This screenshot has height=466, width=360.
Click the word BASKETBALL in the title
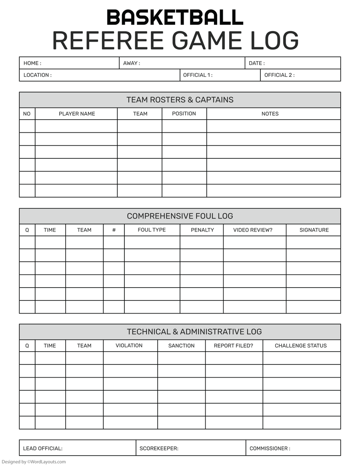click(175, 18)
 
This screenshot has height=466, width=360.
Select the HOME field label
click(32, 63)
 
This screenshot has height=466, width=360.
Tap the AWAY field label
click(131, 63)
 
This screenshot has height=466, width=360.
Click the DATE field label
click(256, 63)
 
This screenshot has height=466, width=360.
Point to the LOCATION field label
click(37, 75)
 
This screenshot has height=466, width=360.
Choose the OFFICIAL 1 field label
click(198, 75)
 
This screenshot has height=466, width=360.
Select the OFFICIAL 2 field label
click(279, 75)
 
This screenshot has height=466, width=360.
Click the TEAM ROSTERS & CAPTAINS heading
click(180, 100)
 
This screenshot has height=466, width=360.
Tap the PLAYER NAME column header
click(77, 114)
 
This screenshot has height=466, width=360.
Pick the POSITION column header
click(184, 114)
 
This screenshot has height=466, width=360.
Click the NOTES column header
click(270, 114)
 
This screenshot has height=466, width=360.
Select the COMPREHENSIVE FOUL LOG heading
click(180, 216)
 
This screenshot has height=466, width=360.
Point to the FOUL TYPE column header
click(152, 230)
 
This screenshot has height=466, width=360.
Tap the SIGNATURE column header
click(314, 230)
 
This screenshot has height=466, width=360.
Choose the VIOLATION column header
click(129, 346)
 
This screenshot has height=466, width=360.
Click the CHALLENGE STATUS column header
click(301, 346)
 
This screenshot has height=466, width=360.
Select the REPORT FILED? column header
click(234, 346)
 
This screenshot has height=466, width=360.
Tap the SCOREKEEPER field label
click(159, 448)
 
